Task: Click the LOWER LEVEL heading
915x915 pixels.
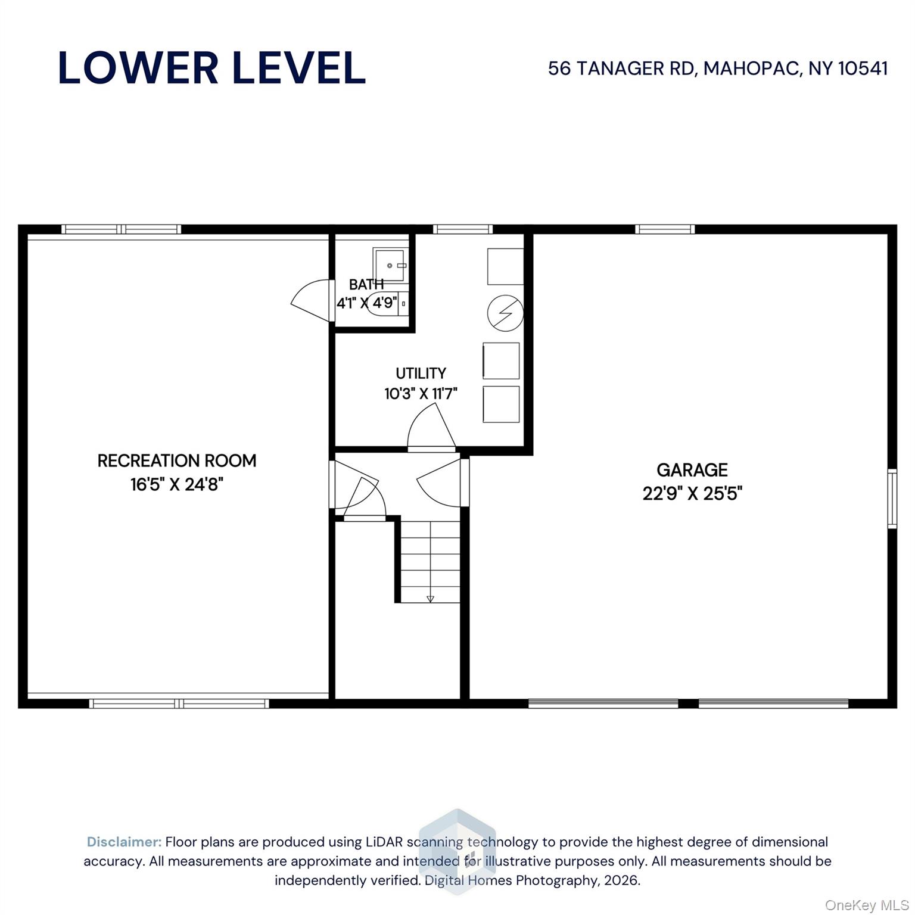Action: [x=211, y=68]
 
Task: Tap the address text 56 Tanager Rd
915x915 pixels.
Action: [x=621, y=69]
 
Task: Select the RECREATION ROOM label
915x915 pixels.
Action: [x=177, y=460]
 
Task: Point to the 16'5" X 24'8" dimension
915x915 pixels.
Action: [x=177, y=484]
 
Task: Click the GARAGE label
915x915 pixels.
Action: [x=692, y=470]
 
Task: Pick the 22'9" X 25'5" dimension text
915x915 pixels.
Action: [x=692, y=494]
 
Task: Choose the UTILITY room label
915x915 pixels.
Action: [x=421, y=373]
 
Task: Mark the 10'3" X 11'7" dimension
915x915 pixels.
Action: [x=421, y=394]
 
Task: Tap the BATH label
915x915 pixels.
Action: [x=366, y=284]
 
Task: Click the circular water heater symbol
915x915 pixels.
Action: [x=505, y=312]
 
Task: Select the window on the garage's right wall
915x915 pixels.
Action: [x=892, y=499]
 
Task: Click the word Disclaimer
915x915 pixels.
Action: [x=124, y=842]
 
